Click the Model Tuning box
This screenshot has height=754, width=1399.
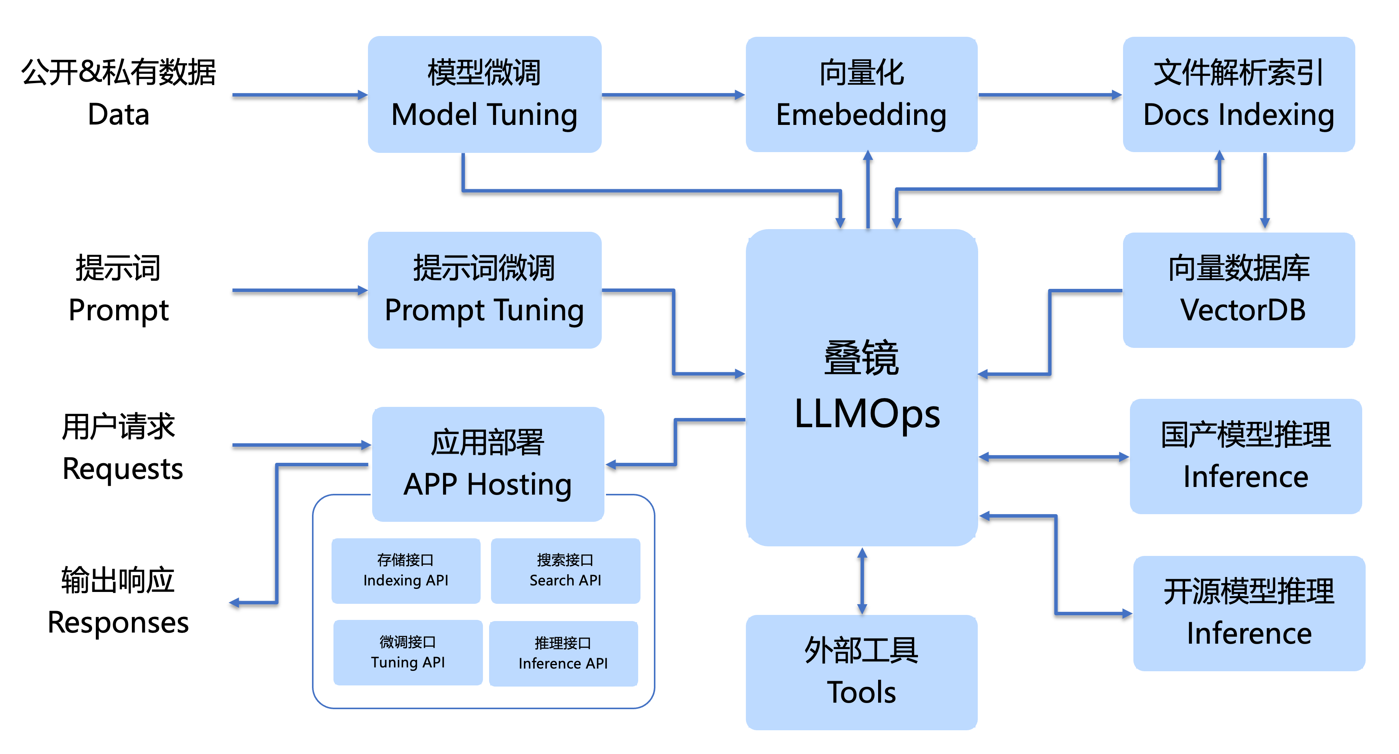tap(484, 95)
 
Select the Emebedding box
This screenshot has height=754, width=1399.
tap(861, 95)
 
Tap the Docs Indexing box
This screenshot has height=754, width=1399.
tap(1239, 95)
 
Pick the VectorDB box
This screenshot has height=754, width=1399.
tap(1239, 290)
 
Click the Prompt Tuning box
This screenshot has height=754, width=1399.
tap(484, 290)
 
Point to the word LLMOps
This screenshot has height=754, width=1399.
tap(867, 414)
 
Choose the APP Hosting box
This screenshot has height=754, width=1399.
tap(488, 464)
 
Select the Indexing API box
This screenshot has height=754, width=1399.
tap(406, 570)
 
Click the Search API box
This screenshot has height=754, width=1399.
tap(565, 570)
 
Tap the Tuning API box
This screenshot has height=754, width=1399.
tap(408, 652)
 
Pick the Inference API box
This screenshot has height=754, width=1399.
tap(563, 654)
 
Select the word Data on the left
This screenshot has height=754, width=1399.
tap(118, 115)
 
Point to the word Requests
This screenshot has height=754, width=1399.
tap(123, 469)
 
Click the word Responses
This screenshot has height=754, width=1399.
tap(118, 623)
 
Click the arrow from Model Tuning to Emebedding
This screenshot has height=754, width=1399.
tap(673, 95)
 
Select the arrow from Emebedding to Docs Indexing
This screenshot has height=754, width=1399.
tap(1050, 95)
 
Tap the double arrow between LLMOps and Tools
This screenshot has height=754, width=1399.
tap(862, 581)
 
